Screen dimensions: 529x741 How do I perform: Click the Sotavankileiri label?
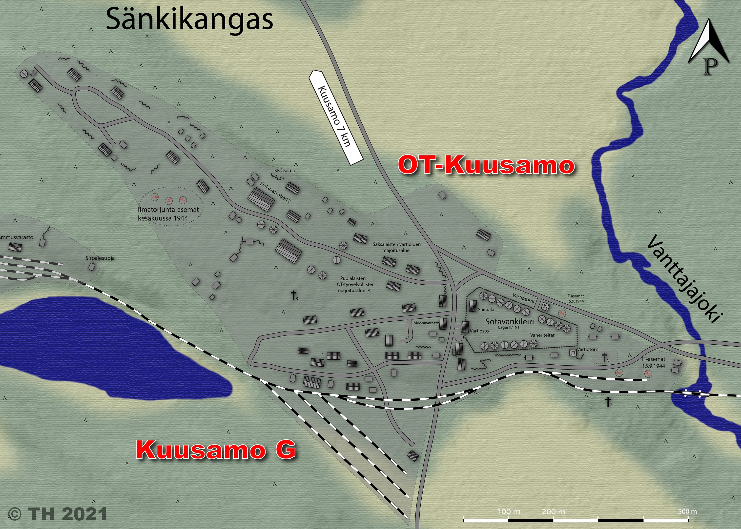click(x=509, y=321)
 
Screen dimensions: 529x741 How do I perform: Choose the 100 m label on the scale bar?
click(x=509, y=511)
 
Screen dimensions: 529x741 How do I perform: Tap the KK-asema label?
click(x=285, y=171)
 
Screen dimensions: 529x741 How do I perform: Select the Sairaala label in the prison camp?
click(x=486, y=310)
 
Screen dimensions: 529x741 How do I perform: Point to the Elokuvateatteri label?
click(x=275, y=192)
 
